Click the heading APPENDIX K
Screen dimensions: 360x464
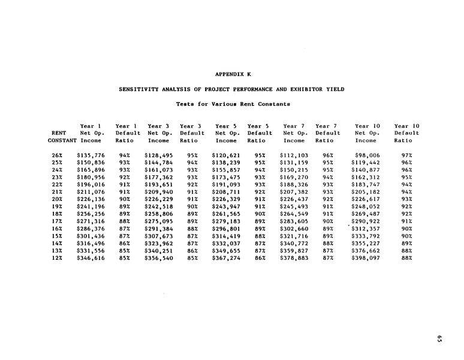tap(233, 74)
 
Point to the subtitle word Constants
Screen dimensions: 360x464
tap(272, 104)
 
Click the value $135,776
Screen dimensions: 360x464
tap(91, 155)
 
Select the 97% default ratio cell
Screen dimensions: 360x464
tap(406, 155)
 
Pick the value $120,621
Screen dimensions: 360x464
tap(226, 155)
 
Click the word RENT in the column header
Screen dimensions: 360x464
tap(59, 133)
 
